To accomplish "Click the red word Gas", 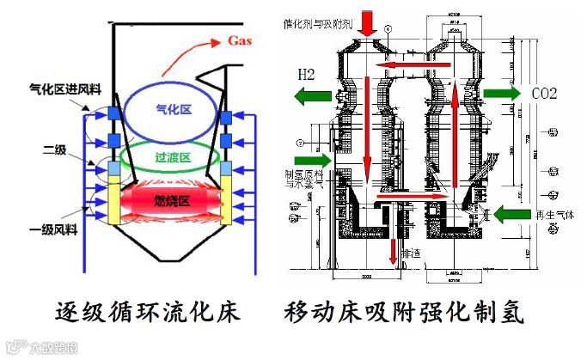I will [242, 40].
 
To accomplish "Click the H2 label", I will [309, 74].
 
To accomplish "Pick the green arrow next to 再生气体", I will [516, 212].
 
